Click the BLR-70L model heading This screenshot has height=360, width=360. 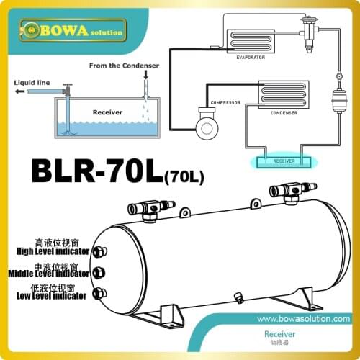[x=108, y=174]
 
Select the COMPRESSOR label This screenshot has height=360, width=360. [x=221, y=103]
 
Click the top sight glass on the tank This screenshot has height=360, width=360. [x=100, y=253]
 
